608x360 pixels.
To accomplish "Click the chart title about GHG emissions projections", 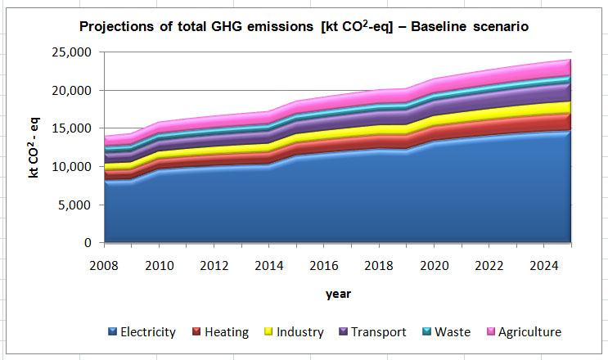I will [x=304, y=27].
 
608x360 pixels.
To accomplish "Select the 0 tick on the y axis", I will [x=85, y=243].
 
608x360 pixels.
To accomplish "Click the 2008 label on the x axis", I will [x=104, y=265].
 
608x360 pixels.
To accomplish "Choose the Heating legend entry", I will [x=219, y=332].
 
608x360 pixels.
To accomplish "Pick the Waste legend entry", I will [x=446, y=332].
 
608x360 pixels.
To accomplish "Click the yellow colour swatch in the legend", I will [x=267, y=332].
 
